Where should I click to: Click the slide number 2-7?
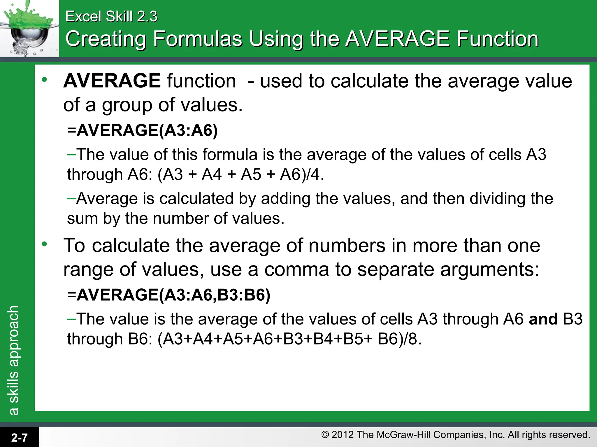click(x=19, y=437)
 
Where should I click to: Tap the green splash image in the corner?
click(x=29, y=28)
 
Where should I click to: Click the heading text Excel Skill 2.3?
click(x=111, y=16)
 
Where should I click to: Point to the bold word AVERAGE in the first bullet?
click(x=112, y=81)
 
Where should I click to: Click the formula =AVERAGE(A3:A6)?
click(x=143, y=130)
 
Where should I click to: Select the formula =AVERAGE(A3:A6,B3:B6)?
click(x=169, y=295)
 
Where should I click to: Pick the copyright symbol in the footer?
click(x=325, y=435)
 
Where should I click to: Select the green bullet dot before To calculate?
click(x=44, y=244)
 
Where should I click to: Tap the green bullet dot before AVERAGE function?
click(x=44, y=79)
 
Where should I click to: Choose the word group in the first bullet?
click(x=127, y=105)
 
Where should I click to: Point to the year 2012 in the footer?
click(x=343, y=435)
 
